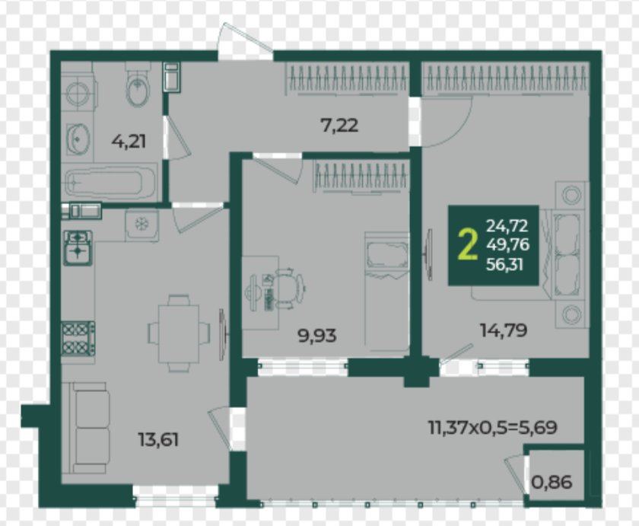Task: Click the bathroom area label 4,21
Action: click(x=129, y=142)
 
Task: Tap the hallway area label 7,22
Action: click(x=340, y=125)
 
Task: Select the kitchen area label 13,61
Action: click(x=158, y=440)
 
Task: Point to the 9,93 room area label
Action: click(x=317, y=336)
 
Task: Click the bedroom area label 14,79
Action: click(x=504, y=330)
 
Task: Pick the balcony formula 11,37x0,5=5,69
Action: click(x=493, y=427)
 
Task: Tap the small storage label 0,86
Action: click(x=552, y=483)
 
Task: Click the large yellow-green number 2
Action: click(x=467, y=244)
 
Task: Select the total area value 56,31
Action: click(x=504, y=265)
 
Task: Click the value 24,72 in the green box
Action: click(x=507, y=225)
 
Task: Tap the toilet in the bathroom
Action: click(x=138, y=84)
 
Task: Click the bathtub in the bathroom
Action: click(x=110, y=182)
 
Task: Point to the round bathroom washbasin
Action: click(x=78, y=139)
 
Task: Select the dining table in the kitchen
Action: click(x=179, y=333)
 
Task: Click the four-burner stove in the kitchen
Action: click(x=78, y=339)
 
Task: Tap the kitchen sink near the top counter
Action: click(x=78, y=248)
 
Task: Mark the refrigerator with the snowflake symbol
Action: click(x=141, y=224)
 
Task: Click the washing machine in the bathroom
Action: click(x=78, y=94)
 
